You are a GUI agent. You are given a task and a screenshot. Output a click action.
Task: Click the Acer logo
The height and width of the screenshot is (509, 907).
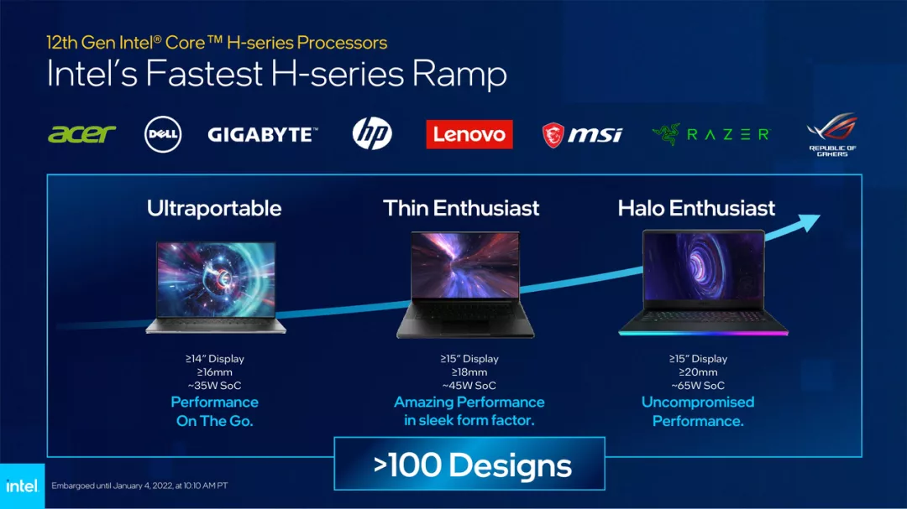coord(81,134)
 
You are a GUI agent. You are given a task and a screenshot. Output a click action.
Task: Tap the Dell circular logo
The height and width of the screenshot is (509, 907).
coord(163,134)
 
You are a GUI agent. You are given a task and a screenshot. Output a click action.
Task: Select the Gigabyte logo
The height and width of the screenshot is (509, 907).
coord(262,134)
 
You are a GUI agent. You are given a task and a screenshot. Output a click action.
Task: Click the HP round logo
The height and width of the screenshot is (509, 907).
coord(372,134)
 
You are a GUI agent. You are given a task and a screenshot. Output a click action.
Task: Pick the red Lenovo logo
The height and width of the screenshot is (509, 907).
coord(469,134)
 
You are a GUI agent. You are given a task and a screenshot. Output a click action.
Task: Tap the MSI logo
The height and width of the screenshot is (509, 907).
coord(582,134)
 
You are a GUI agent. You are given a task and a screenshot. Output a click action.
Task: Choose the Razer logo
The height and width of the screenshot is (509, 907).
coord(710,134)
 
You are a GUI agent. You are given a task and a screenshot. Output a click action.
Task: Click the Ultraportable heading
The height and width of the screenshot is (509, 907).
coord(214,208)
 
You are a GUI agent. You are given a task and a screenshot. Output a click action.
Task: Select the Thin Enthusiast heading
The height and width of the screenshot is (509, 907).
coord(461,208)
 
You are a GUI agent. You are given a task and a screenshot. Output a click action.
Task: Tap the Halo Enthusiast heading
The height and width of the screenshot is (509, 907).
coord(696,208)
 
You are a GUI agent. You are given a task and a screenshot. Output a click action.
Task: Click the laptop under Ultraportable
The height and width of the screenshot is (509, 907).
coord(215,288)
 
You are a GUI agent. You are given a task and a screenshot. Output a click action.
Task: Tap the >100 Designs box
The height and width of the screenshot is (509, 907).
coord(469,464)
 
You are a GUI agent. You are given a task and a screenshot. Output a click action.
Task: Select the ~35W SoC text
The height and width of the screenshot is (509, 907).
coord(215,386)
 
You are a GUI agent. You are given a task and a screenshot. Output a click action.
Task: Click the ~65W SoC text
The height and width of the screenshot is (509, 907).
coord(697,386)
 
